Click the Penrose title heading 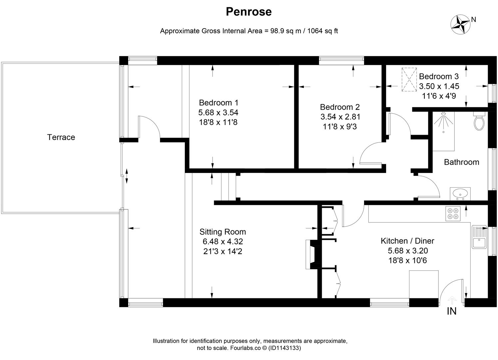(x=249, y=12)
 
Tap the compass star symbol (x=460, y=25)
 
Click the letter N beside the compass (x=473, y=20)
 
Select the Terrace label (x=61, y=137)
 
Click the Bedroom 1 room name (x=219, y=103)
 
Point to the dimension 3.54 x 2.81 (x=340, y=117)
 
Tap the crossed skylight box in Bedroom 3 (x=409, y=79)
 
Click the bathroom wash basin (x=460, y=194)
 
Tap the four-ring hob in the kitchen (x=453, y=213)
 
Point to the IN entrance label (x=451, y=311)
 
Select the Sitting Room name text (x=223, y=232)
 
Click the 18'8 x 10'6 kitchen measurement (x=407, y=260)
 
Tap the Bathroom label (x=461, y=162)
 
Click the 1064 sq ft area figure (x=322, y=31)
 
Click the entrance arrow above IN (x=452, y=300)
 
